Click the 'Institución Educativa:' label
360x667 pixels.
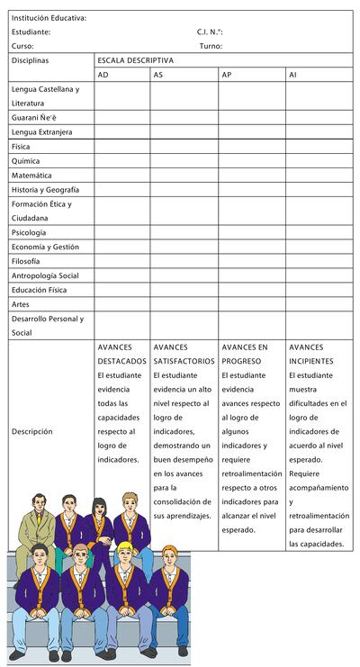coord(49,18)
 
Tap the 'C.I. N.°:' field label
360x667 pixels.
coord(210,32)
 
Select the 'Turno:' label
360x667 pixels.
coord(211,46)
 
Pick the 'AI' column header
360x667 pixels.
coord(293,75)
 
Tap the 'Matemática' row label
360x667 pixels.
coord(31,176)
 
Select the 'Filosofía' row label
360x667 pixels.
coord(26,261)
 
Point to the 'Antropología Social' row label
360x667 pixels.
coord(45,275)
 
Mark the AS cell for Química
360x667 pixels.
coord(184,161)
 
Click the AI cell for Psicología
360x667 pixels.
coord(319,232)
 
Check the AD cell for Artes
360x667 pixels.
coord(121,304)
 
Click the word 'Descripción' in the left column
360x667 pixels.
coord(32,431)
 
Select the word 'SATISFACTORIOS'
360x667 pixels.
coord(184,360)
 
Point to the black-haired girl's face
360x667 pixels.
coord(98,501)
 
